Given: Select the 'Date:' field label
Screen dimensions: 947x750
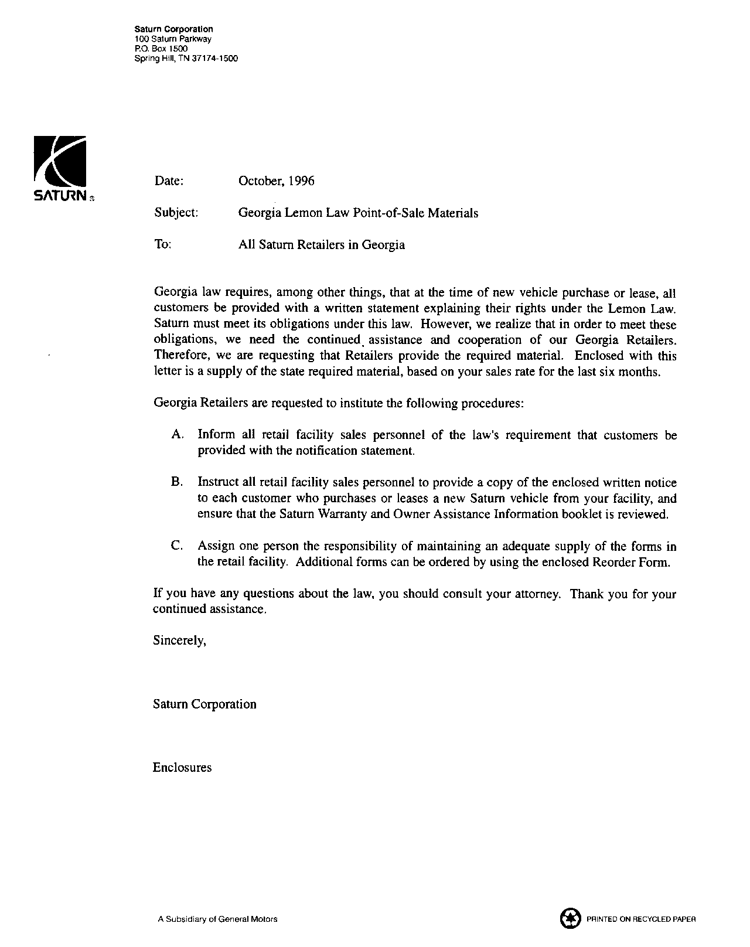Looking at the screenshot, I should click(169, 181).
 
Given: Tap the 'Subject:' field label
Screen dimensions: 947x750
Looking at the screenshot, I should click(176, 213).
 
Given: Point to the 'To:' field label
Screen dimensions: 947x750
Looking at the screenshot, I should click(162, 244).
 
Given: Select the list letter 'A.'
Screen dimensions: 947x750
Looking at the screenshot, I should click(178, 435).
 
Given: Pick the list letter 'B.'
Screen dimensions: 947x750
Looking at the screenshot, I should click(178, 482).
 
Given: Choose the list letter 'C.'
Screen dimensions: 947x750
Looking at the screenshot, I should click(178, 546).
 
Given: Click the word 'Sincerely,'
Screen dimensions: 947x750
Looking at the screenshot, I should click(179, 641).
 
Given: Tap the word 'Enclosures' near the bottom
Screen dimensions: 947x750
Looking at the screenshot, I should click(182, 768).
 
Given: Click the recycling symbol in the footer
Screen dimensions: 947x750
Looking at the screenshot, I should click(570, 918).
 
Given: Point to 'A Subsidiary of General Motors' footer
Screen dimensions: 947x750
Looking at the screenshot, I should click(217, 919).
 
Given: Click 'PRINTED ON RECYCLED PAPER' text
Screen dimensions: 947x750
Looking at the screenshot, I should click(641, 919).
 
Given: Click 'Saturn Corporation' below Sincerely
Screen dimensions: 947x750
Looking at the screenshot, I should click(204, 704).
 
